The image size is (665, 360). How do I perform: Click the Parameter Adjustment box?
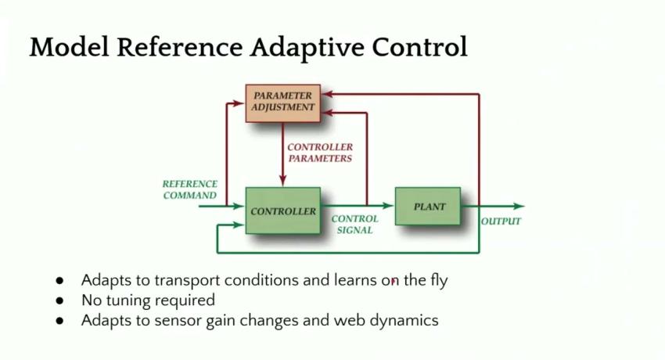283,103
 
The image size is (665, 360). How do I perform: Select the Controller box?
283,211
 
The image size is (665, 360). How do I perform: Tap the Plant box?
428,206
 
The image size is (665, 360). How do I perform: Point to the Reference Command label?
189,189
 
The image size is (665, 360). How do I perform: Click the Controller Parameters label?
320,153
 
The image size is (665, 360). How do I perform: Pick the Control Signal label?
354,225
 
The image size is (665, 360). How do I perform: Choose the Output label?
501,221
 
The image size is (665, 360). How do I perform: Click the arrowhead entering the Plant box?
389,206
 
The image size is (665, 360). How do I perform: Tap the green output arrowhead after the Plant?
519,207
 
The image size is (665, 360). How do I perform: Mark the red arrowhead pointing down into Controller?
283,181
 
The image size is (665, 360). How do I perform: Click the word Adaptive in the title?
307,47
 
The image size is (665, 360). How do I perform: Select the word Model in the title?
69,47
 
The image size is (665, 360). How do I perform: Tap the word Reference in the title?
179,47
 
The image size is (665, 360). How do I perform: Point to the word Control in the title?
420,47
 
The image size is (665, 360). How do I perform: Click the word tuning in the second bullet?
125,301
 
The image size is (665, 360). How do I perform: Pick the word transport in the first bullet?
187,281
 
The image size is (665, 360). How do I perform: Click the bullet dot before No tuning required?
59,301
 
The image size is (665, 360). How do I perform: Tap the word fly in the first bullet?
436,281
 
